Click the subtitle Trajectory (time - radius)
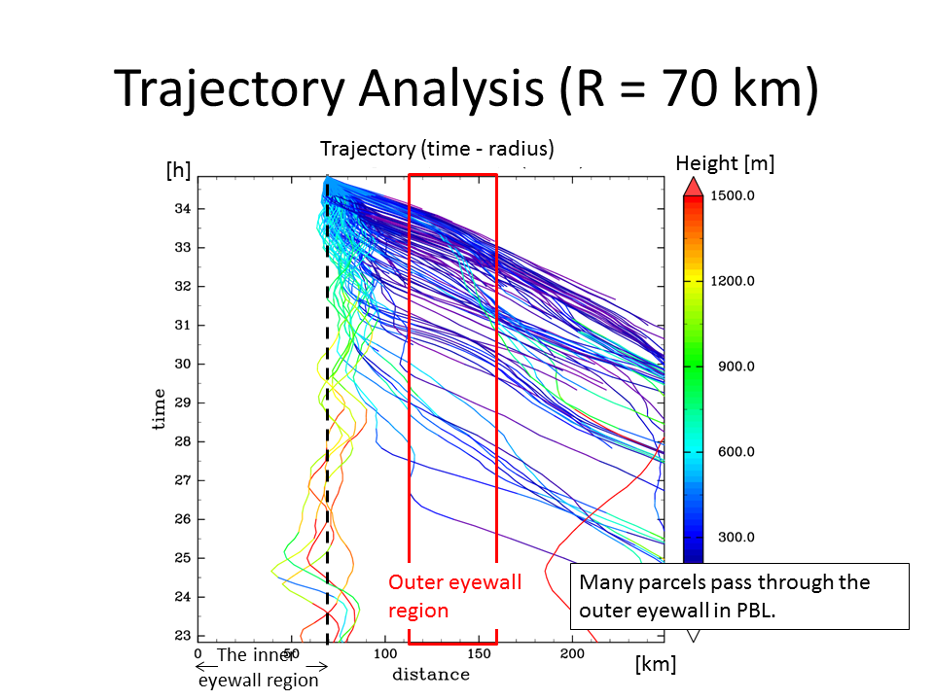[437, 149]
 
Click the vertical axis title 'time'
[159, 409]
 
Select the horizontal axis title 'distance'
[431, 675]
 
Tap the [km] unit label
[655, 664]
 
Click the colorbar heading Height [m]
[725, 163]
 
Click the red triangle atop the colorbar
[692, 186]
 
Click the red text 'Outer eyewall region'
[454, 596]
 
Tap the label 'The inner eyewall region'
[258, 667]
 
